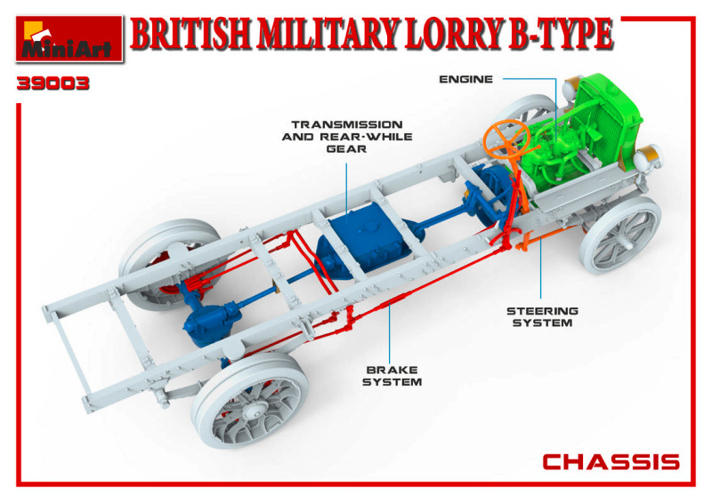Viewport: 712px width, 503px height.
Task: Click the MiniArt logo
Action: point(69,39)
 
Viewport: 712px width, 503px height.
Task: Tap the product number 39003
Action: point(53,84)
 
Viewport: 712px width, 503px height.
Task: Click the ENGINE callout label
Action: point(465,79)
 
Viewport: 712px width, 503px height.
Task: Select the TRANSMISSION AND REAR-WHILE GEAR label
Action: point(347,137)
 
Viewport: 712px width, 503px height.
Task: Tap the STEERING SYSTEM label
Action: point(542,317)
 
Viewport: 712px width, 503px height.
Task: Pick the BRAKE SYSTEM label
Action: point(392,376)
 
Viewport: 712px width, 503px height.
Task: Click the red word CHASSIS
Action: point(611,462)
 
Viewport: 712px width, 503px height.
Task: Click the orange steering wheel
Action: point(506,139)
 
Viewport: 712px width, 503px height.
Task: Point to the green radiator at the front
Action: point(607,119)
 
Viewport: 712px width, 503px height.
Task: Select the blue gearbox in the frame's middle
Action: point(363,239)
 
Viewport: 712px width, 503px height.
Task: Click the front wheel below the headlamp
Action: point(620,235)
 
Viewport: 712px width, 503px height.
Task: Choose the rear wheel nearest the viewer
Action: point(250,400)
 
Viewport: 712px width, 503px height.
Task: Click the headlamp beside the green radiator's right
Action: point(649,157)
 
